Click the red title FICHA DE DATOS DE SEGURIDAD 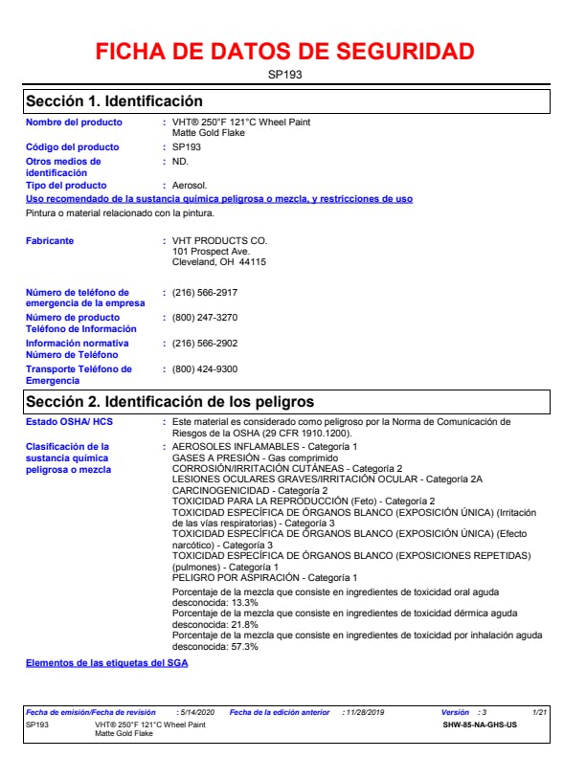click(285, 51)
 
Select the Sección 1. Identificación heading click(114, 101)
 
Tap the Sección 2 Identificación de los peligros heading click(169, 402)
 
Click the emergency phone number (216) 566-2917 click(205, 292)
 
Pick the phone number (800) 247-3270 click(205, 318)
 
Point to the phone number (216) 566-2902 click(205, 343)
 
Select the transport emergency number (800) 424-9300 click(205, 368)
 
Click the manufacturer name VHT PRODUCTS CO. click(219, 241)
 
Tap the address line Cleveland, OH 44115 click(219, 261)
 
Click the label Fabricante click(50, 241)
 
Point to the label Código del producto click(73, 147)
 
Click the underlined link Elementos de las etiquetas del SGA click(106, 663)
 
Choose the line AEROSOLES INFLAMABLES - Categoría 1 click(264, 447)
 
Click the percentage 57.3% click(244, 647)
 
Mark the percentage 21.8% click(244, 624)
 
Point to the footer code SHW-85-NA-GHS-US click(480, 725)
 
